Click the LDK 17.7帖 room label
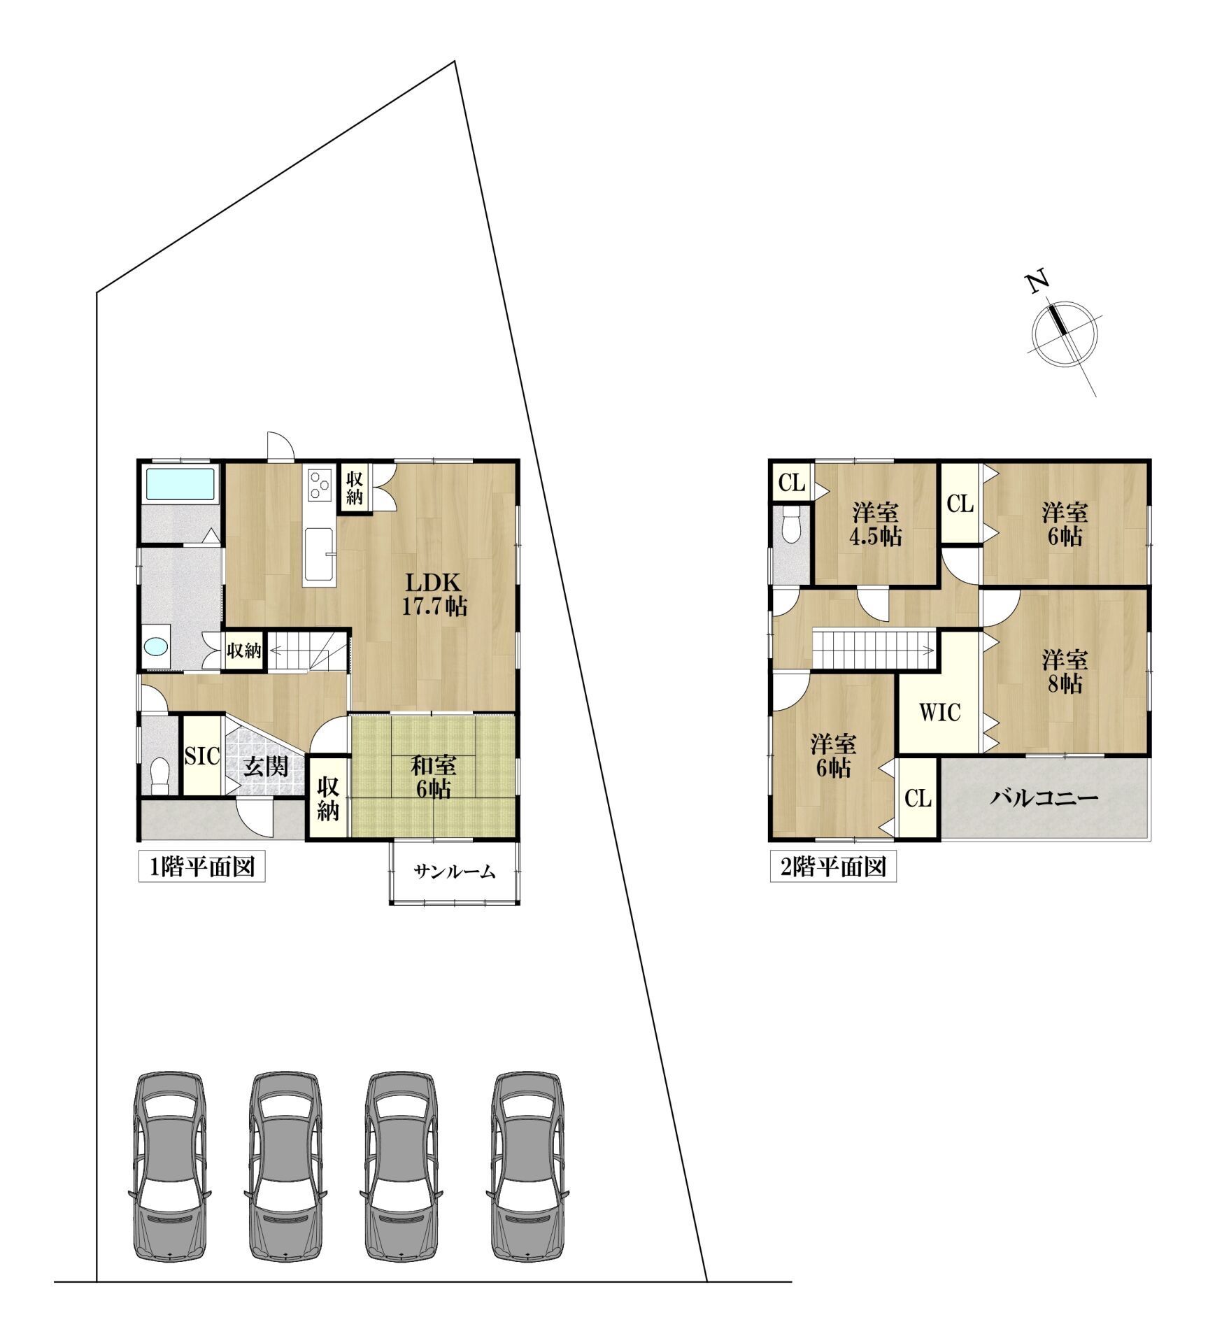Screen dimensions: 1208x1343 click(x=433, y=594)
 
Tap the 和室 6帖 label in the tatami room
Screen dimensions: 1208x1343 click(x=434, y=776)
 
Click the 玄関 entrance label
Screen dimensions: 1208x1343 click(x=266, y=766)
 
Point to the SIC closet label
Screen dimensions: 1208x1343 click(x=202, y=755)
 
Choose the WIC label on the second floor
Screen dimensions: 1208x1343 click(x=939, y=712)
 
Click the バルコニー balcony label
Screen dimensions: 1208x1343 click(x=1044, y=798)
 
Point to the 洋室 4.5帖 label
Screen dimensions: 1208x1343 click(x=876, y=525)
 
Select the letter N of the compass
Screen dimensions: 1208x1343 click(x=1039, y=280)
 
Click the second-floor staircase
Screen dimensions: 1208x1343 click(x=874, y=648)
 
